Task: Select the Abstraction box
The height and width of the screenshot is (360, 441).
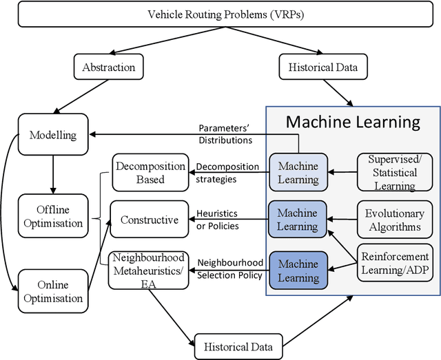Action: click(108, 67)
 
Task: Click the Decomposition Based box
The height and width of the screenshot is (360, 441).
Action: click(150, 173)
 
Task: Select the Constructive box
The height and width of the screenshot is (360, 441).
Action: click(150, 220)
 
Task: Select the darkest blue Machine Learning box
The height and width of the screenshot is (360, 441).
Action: click(298, 271)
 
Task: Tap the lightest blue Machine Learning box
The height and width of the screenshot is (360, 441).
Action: click(298, 173)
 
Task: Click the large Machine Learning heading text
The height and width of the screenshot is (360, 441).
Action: click(352, 123)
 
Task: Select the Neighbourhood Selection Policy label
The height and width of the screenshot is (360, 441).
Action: click(229, 269)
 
